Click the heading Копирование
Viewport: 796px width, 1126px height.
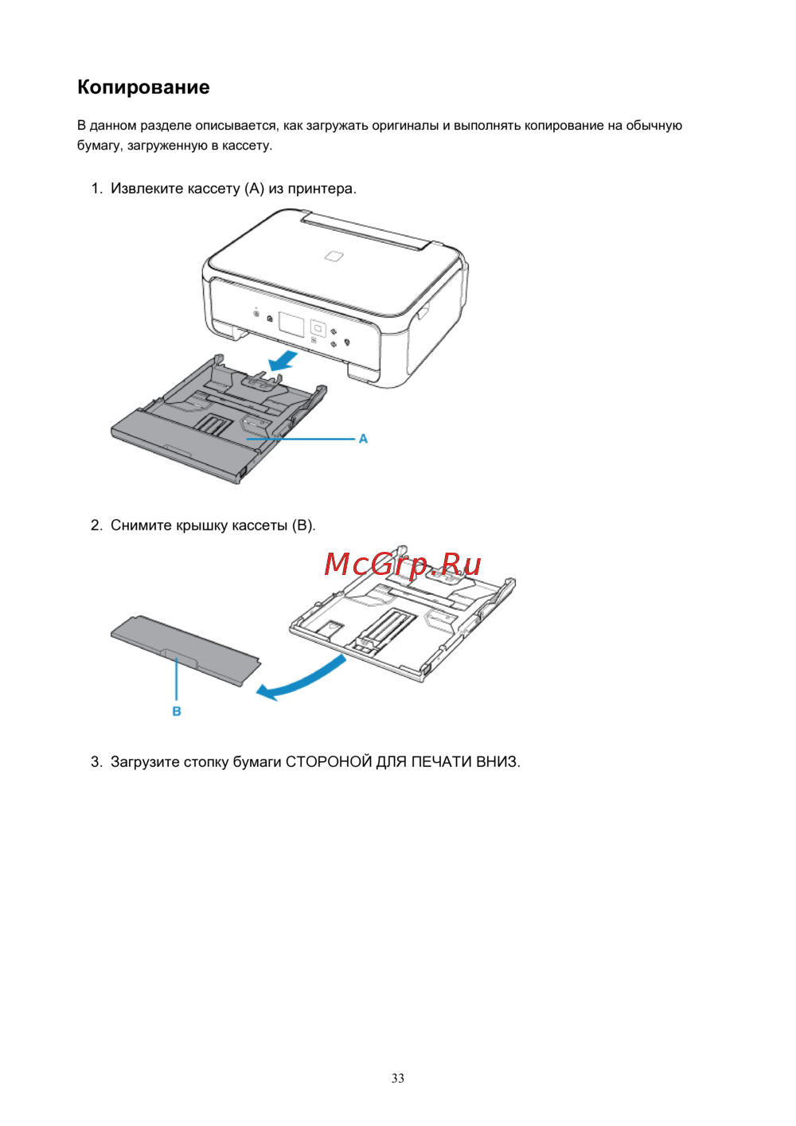click(x=143, y=88)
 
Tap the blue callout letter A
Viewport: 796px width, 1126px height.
click(x=363, y=439)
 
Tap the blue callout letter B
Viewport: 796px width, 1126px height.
click(x=177, y=711)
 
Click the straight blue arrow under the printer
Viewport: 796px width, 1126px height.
click(x=283, y=362)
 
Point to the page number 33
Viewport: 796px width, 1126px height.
click(x=397, y=1078)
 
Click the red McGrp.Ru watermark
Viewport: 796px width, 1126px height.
click(x=403, y=565)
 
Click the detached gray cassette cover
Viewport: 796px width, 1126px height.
click(x=186, y=650)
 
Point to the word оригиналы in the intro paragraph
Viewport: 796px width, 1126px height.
click(x=405, y=126)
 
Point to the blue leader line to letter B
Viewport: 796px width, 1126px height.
click(x=177, y=678)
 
